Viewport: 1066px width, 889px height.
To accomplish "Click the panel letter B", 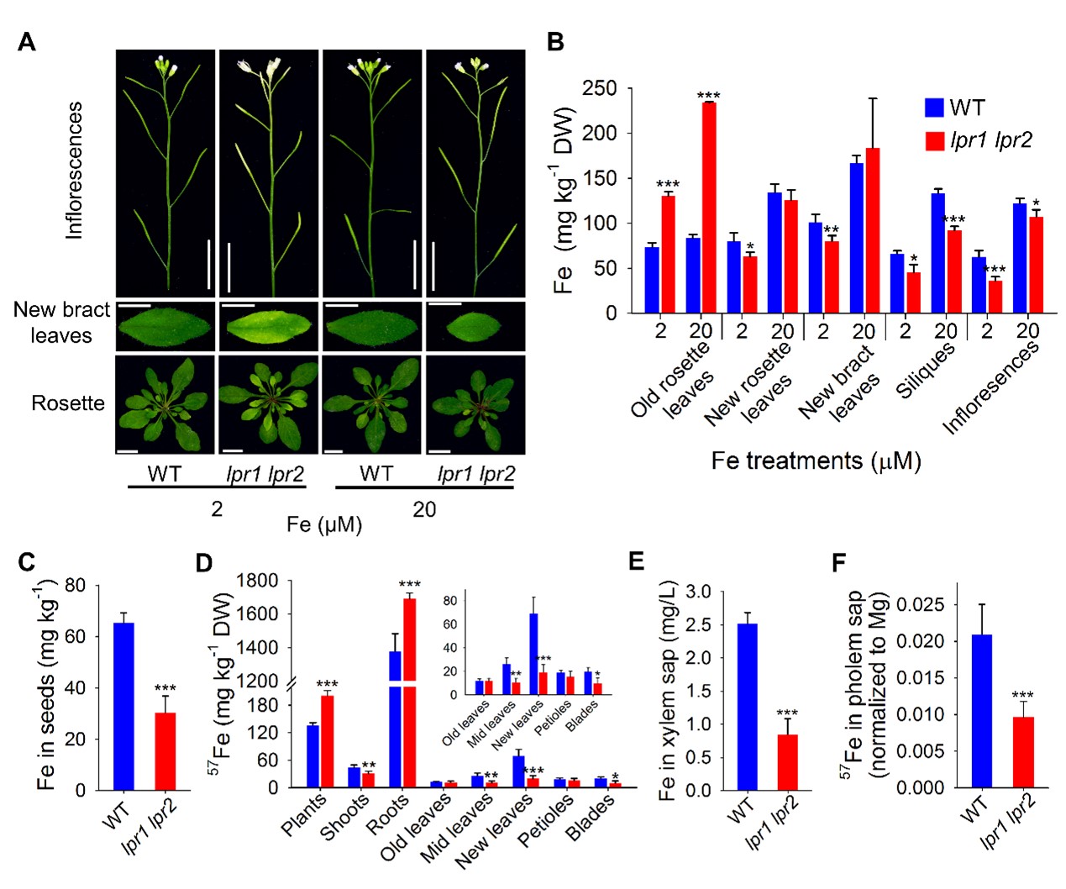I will pyautogui.click(x=555, y=42).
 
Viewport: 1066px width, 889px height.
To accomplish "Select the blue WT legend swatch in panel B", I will pyautogui.click(x=933, y=108).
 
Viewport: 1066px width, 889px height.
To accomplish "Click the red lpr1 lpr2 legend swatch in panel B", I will pyautogui.click(x=933, y=140).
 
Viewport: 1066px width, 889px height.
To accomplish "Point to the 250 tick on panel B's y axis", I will pyautogui.click(x=600, y=88).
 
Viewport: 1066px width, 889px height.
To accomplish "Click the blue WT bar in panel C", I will pyautogui.click(x=123, y=706).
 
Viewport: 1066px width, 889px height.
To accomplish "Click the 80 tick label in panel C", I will pyautogui.click(x=75, y=586).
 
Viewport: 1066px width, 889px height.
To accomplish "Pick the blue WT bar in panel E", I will pyautogui.click(x=747, y=706).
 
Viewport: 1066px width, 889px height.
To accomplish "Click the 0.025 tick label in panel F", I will pyautogui.click(x=920, y=605).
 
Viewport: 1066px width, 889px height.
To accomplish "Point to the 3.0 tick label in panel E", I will pyautogui.click(x=697, y=592).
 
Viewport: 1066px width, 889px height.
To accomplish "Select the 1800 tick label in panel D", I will pyautogui.click(x=257, y=581).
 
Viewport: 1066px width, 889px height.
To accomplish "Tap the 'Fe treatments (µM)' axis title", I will pyautogui.click(x=816, y=460).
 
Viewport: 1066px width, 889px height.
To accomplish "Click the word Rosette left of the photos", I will pyautogui.click(x=68, y=403).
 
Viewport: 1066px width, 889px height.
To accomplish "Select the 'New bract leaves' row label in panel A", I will pyautogui.click(x=61, y=323).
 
